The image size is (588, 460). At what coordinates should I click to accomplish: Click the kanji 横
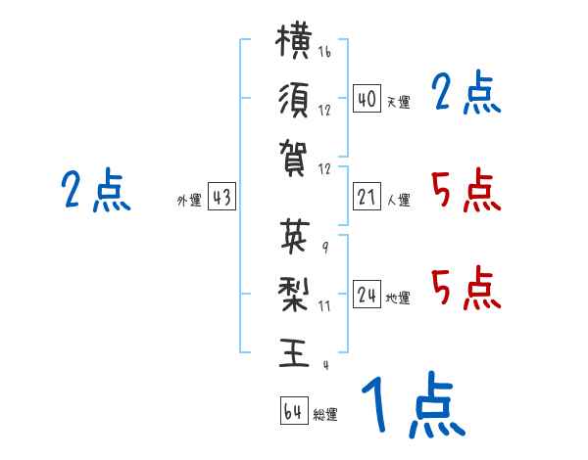tap(294, 40)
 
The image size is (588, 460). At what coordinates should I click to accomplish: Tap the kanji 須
tap(294, 100)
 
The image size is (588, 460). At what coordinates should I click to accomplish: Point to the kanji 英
tap(295, 236)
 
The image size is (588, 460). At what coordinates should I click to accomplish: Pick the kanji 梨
tap(294, 294)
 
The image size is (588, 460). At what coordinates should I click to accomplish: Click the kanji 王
tap(294, 352)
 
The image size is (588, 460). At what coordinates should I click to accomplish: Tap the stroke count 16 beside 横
tap(324, 52)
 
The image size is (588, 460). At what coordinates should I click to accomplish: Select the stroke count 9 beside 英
tap(325, 248)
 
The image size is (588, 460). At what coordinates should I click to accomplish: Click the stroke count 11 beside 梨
tap(324, 306)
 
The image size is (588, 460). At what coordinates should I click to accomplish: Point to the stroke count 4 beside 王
tap(326, 365)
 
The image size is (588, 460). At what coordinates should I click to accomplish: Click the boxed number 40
tap(367, 98)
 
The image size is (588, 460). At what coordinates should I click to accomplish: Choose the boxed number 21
tap(367, 197)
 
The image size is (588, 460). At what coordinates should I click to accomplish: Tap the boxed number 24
tap(367, 295)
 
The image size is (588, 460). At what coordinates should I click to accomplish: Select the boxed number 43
tap(221, 197)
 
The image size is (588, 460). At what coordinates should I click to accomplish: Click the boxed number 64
tap(294, 411)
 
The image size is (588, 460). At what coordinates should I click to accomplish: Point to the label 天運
tap(399, 102)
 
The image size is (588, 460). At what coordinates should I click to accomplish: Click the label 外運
tap(189, 200)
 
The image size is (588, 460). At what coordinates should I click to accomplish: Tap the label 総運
tap(325, 415)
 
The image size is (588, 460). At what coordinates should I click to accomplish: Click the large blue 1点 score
tap(414, 404)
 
